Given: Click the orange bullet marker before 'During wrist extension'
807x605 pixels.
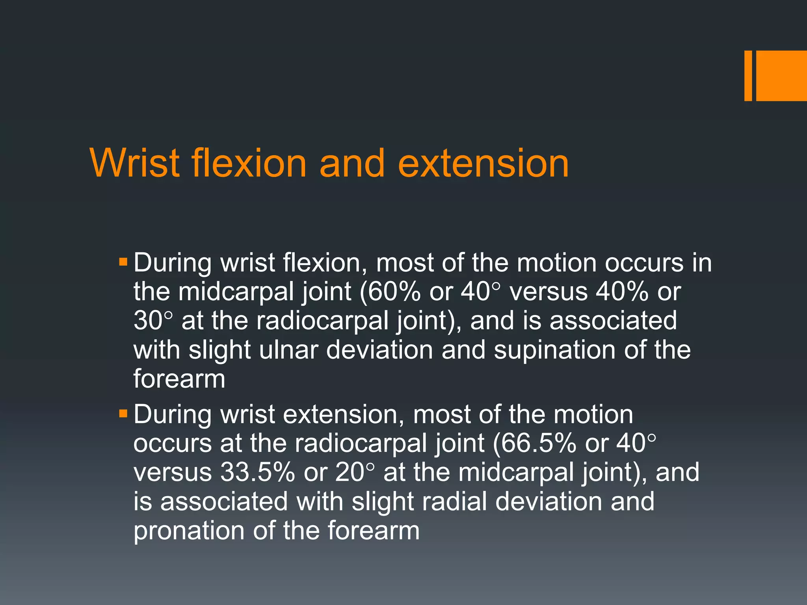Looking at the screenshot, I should click(123, 414).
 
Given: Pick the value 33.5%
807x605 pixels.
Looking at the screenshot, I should click(258, 472).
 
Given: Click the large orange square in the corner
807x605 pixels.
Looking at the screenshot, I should click(781, 76).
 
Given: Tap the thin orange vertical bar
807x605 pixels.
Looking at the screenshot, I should click(748, 76).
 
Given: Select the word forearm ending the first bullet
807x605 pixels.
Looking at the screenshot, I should click(179, 379).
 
